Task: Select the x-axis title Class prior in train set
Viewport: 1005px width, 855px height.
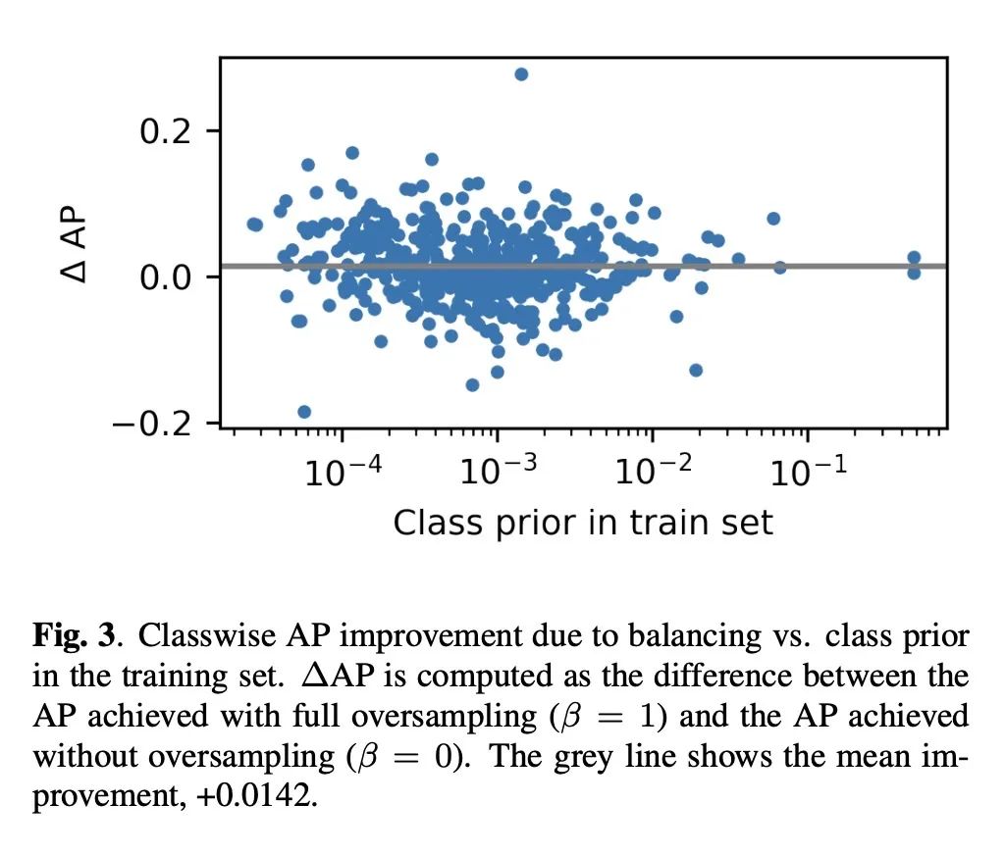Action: coord(583,522)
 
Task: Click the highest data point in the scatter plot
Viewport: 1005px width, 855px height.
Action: coord(521,75)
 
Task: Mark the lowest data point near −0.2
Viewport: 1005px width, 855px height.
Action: coord(304,412)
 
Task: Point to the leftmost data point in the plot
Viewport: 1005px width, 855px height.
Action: coord(254,225)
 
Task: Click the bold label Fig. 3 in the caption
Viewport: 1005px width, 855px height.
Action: coord(76,637)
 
